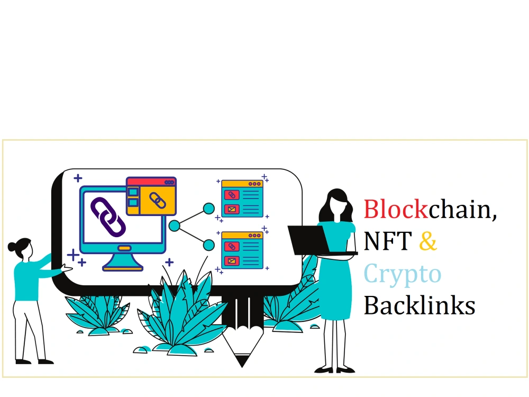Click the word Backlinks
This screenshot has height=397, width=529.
419,305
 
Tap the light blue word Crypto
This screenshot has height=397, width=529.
403,274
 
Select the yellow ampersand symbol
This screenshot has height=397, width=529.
428,240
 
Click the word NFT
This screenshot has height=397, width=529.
388,240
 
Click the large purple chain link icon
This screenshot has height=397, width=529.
108,216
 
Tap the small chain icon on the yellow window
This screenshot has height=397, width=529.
158,201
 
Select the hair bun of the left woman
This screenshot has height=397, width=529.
12,247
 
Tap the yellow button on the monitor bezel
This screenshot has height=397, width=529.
124,248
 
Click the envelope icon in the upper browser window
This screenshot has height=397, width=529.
232,209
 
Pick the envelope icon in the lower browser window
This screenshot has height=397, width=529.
232,261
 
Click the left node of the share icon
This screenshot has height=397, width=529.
174,226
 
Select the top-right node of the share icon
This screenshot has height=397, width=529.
209,209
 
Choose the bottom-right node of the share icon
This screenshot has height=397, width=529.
209,245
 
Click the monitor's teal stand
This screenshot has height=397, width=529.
123,261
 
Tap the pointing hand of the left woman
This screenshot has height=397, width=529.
67,268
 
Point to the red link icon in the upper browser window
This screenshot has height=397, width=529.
232,195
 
